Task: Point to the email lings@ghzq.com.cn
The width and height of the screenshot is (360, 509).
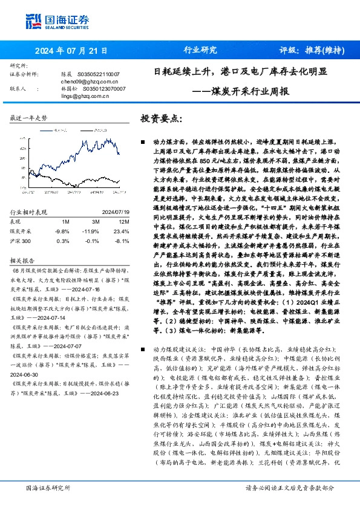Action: click(x=80, y=96)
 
